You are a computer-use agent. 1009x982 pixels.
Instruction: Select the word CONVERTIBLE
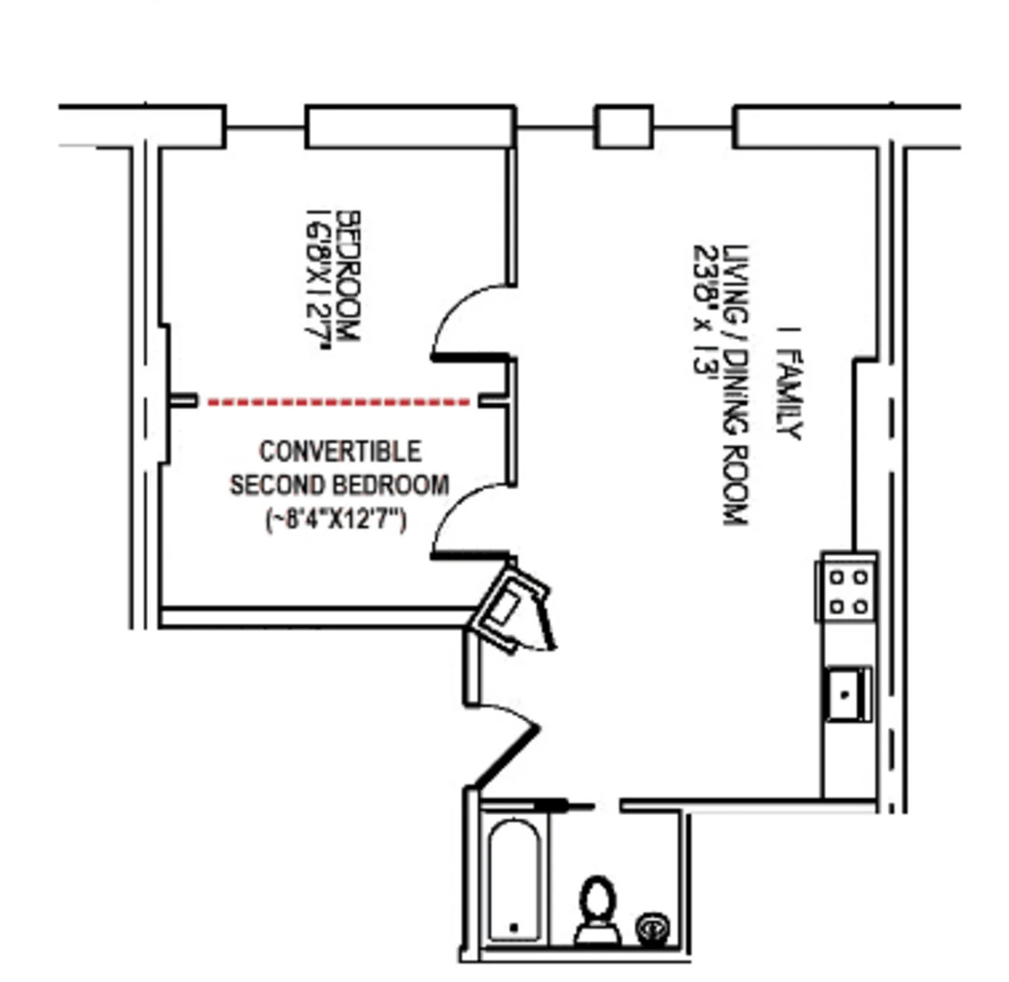(x=340, y=451)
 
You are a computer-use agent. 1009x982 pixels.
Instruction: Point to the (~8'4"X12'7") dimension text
(x=336, y=520)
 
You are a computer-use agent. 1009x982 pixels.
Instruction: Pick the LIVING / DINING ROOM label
(x=735, y=384)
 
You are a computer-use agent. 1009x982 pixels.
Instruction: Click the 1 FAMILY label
(x=789, y=383)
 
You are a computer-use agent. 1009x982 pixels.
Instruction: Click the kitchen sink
(x=848, y=694)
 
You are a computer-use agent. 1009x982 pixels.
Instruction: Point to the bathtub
(x=514, y=881)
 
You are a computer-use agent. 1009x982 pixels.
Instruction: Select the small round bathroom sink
(x=652, y=929)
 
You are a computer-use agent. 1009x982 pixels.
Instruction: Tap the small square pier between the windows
(x=623, y=126)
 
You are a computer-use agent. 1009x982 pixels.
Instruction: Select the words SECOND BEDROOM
(x=340, y=485)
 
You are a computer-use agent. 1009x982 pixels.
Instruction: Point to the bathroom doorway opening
(x=607, y=805)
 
